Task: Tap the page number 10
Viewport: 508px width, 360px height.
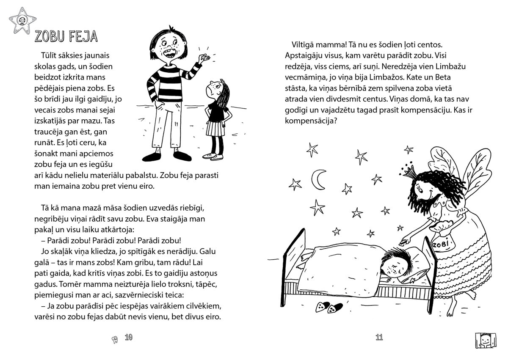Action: tap(129, 337)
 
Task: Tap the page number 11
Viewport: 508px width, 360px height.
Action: tap(379, 337)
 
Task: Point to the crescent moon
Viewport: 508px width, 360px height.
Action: tap(318, 179)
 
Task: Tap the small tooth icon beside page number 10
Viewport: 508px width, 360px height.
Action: tap(113, 338)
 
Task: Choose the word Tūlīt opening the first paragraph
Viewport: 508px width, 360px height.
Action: tap(50, 56)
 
